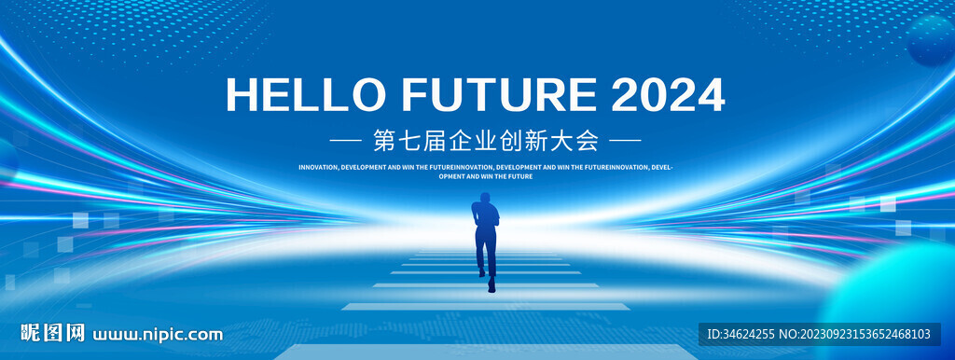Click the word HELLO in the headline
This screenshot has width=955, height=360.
[306, 95]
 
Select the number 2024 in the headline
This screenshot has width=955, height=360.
[668, 95]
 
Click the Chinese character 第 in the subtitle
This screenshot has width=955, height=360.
[385, 142]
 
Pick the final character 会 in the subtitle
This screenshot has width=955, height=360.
[588, 142]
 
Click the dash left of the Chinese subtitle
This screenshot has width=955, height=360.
[345, 142]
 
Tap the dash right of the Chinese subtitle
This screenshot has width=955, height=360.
[626, 142]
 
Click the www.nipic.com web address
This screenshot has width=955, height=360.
[157, 335]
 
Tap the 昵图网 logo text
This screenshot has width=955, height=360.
[52, 333]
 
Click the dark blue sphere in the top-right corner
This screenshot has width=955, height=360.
[932, 41]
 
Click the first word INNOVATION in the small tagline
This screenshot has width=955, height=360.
[319, 166]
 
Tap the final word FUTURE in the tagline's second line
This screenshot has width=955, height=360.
[522, 176]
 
